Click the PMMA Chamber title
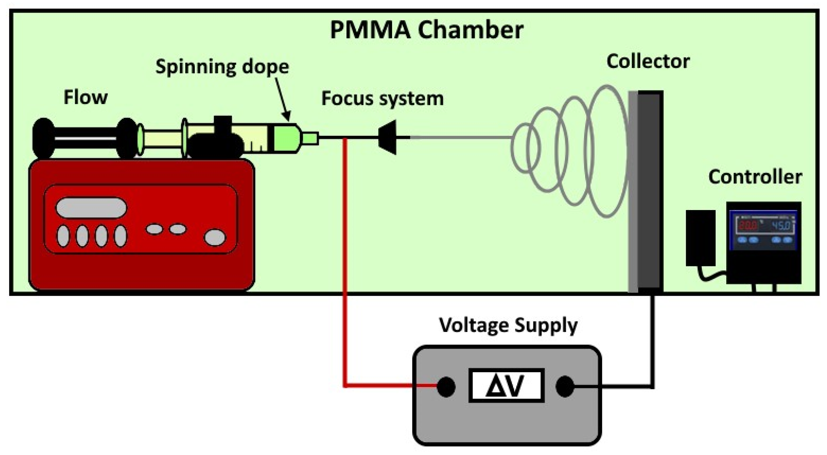tap(427, 30)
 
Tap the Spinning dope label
tap(222, 67)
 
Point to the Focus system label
tap(383, 99)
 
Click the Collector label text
tap(648, 62)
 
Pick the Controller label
tap(755, 177)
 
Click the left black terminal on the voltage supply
tap(446, 386)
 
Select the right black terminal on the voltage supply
tap(565, 386)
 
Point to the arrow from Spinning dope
tap(283, 99)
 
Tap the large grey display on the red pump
tap(91, 208)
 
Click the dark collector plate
tap(650, 191)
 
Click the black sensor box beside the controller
tap(701, 238)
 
